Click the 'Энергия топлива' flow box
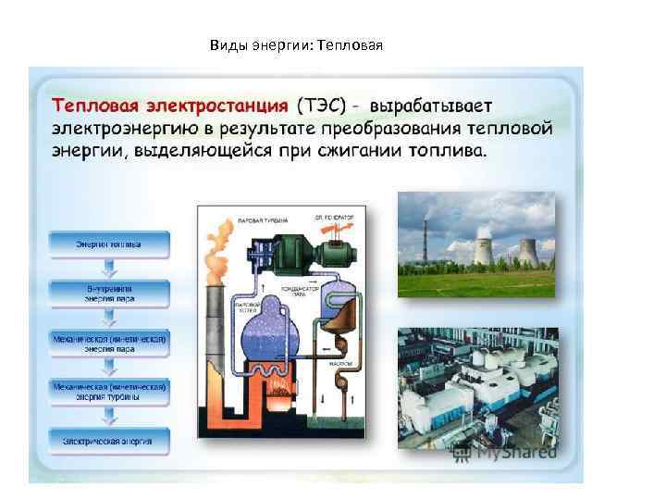[109, 244]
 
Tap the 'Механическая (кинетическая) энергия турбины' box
[109, 391]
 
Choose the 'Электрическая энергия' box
[109, 441]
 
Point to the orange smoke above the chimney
[216, 255]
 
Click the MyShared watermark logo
[505, 453]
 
